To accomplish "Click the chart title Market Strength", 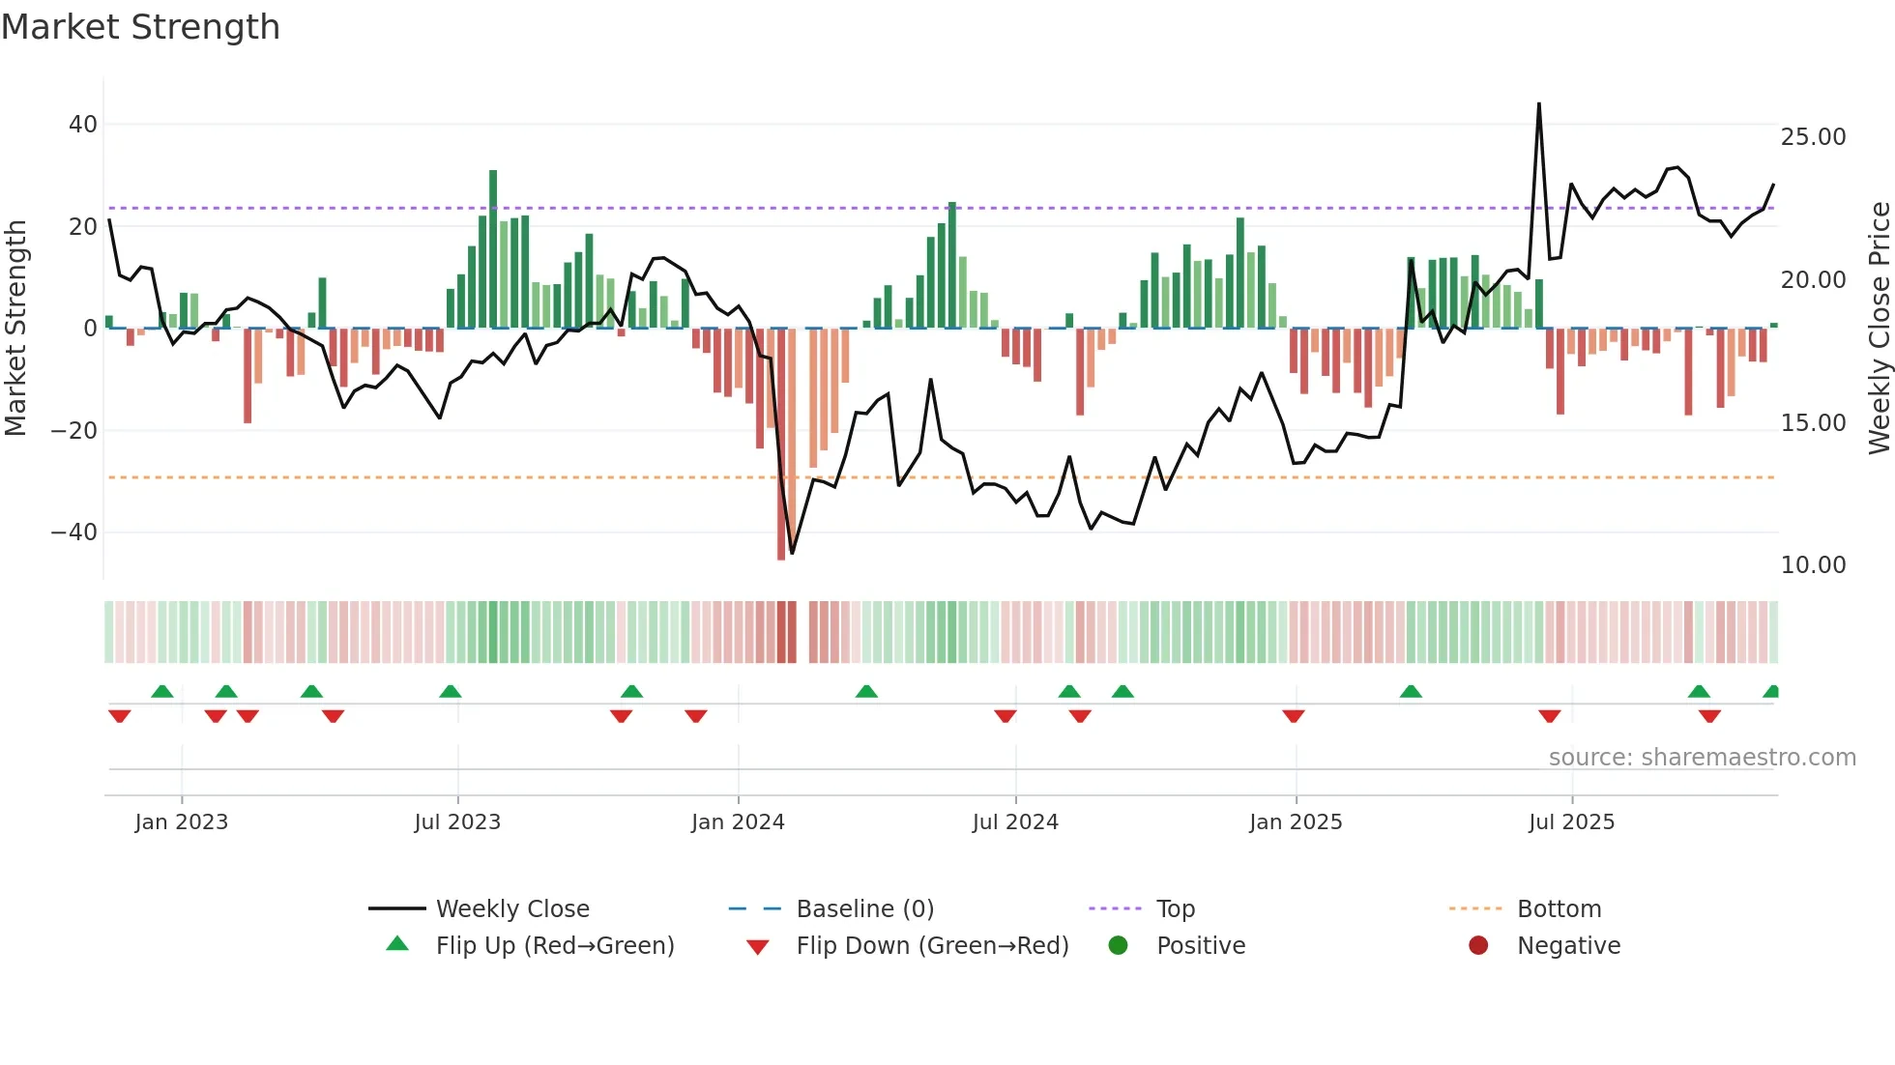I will tap(140, 27).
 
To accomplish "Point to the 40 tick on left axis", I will tap(83, 125).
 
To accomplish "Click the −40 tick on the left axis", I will tap(74, 532).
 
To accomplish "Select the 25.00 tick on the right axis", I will tap(1813, 137).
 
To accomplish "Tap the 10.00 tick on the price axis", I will tap(1813, 565).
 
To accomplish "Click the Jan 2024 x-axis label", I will tap(738, 822).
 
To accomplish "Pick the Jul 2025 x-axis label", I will tap(1571, 822).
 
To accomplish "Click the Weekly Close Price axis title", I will tap(1879, 329).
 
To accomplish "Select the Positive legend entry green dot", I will tap(1119, 946).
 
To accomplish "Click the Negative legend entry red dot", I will tap(1478, 946).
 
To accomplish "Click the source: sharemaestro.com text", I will tap(1702, 758).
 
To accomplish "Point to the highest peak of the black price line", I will tap(1538, 104).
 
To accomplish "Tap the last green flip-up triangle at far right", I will tap(1770, 692).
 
